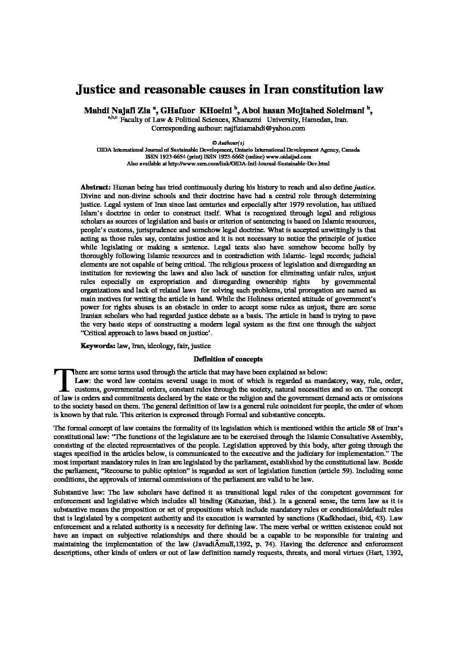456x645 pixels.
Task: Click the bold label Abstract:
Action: pos(96,187)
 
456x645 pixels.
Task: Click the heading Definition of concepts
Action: pos(228,359)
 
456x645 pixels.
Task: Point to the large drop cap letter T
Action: pos(63,380)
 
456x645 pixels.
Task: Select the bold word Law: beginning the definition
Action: pos(83,381)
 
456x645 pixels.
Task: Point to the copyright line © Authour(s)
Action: pos(228,142)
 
